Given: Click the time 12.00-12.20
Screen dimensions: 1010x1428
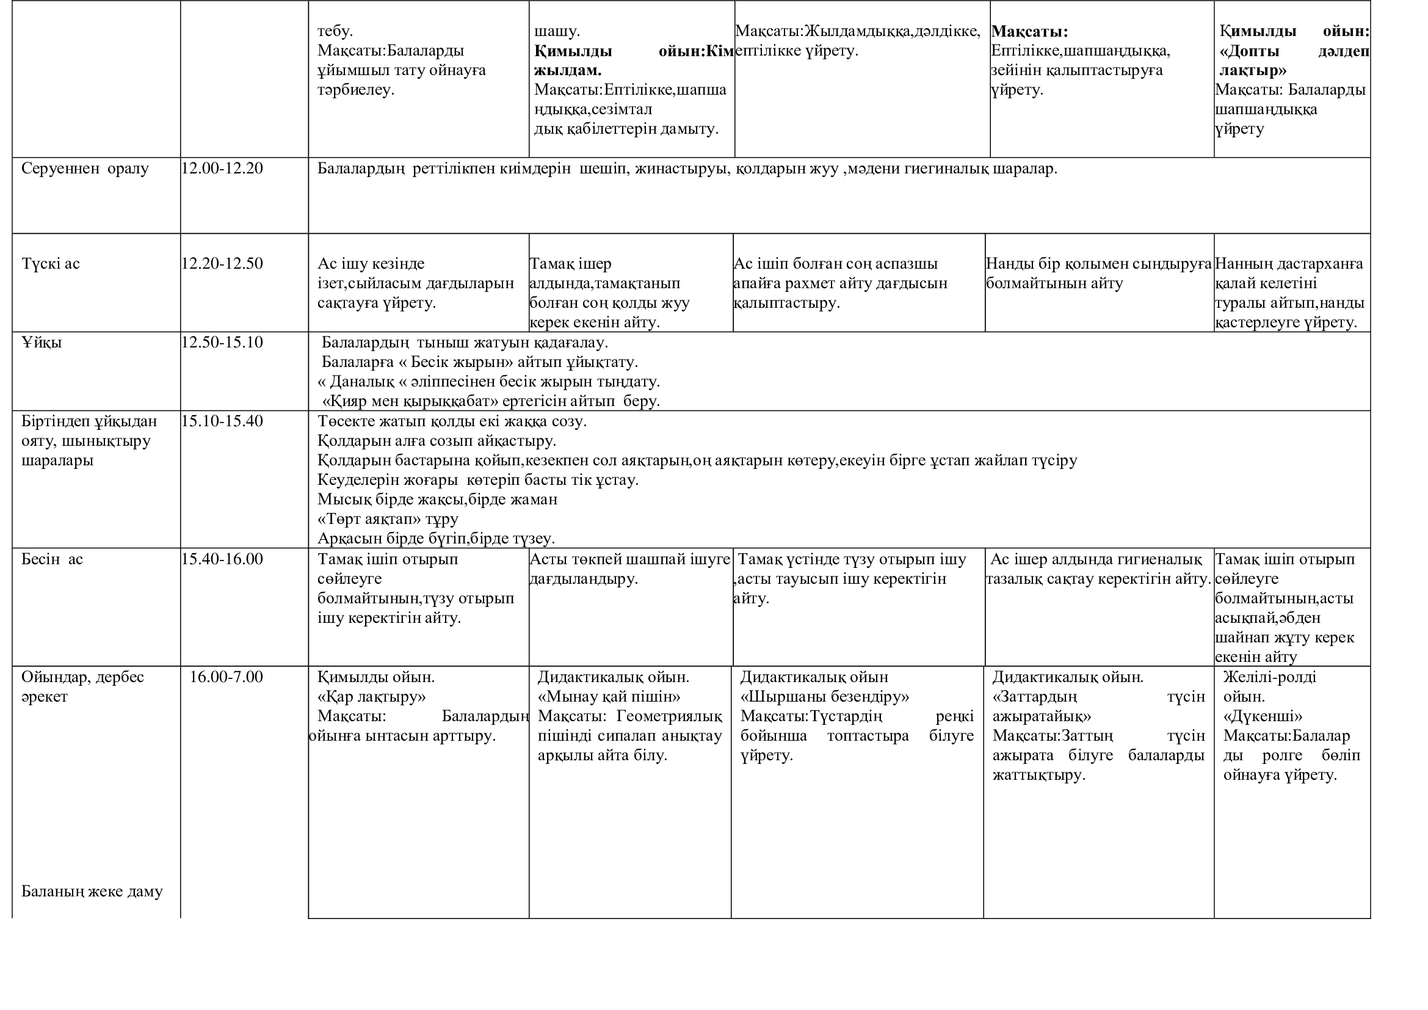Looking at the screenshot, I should click(222, 169).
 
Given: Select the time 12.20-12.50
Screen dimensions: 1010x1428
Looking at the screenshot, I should click(222, 264).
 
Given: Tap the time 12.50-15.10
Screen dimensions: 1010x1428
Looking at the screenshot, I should click(222, 342).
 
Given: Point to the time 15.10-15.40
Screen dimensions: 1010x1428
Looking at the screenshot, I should click(222, 421).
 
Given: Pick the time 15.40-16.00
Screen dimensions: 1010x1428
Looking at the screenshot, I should click(222, 559).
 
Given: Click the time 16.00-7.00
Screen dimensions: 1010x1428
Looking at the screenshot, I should click(226, 677).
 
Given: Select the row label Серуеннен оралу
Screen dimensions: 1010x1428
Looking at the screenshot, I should click(85, 169).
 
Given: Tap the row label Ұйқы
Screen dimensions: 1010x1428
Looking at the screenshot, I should click(42, 342).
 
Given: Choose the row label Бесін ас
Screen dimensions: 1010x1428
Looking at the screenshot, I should click(52, 559).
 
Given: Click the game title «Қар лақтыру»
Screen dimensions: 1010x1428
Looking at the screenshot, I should click(371, 697).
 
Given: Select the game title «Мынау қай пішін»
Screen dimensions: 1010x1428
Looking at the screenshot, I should click(609, 697).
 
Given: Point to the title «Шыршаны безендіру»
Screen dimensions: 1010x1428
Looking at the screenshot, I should click(825, 697).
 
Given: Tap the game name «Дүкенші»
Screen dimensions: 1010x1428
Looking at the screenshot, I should click(1263, 716).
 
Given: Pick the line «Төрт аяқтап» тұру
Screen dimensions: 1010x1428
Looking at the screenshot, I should click(388, 518).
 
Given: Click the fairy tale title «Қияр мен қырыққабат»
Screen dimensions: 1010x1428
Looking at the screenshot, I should click(410, 401).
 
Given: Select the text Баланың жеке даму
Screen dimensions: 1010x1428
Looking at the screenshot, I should click(92, 891).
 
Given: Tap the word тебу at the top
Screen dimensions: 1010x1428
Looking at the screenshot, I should click(335, 31).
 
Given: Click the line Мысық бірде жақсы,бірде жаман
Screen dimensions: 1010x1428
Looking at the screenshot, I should click(437, 500).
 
